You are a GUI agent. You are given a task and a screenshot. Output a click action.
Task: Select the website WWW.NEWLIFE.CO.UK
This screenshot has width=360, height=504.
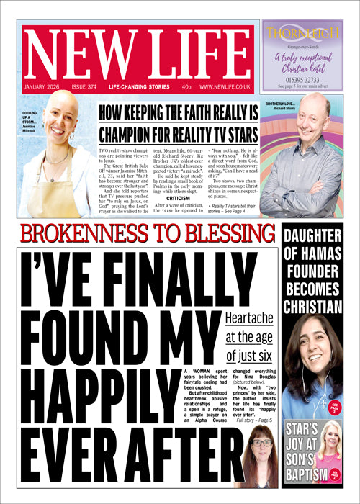click(x=225, y=86)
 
